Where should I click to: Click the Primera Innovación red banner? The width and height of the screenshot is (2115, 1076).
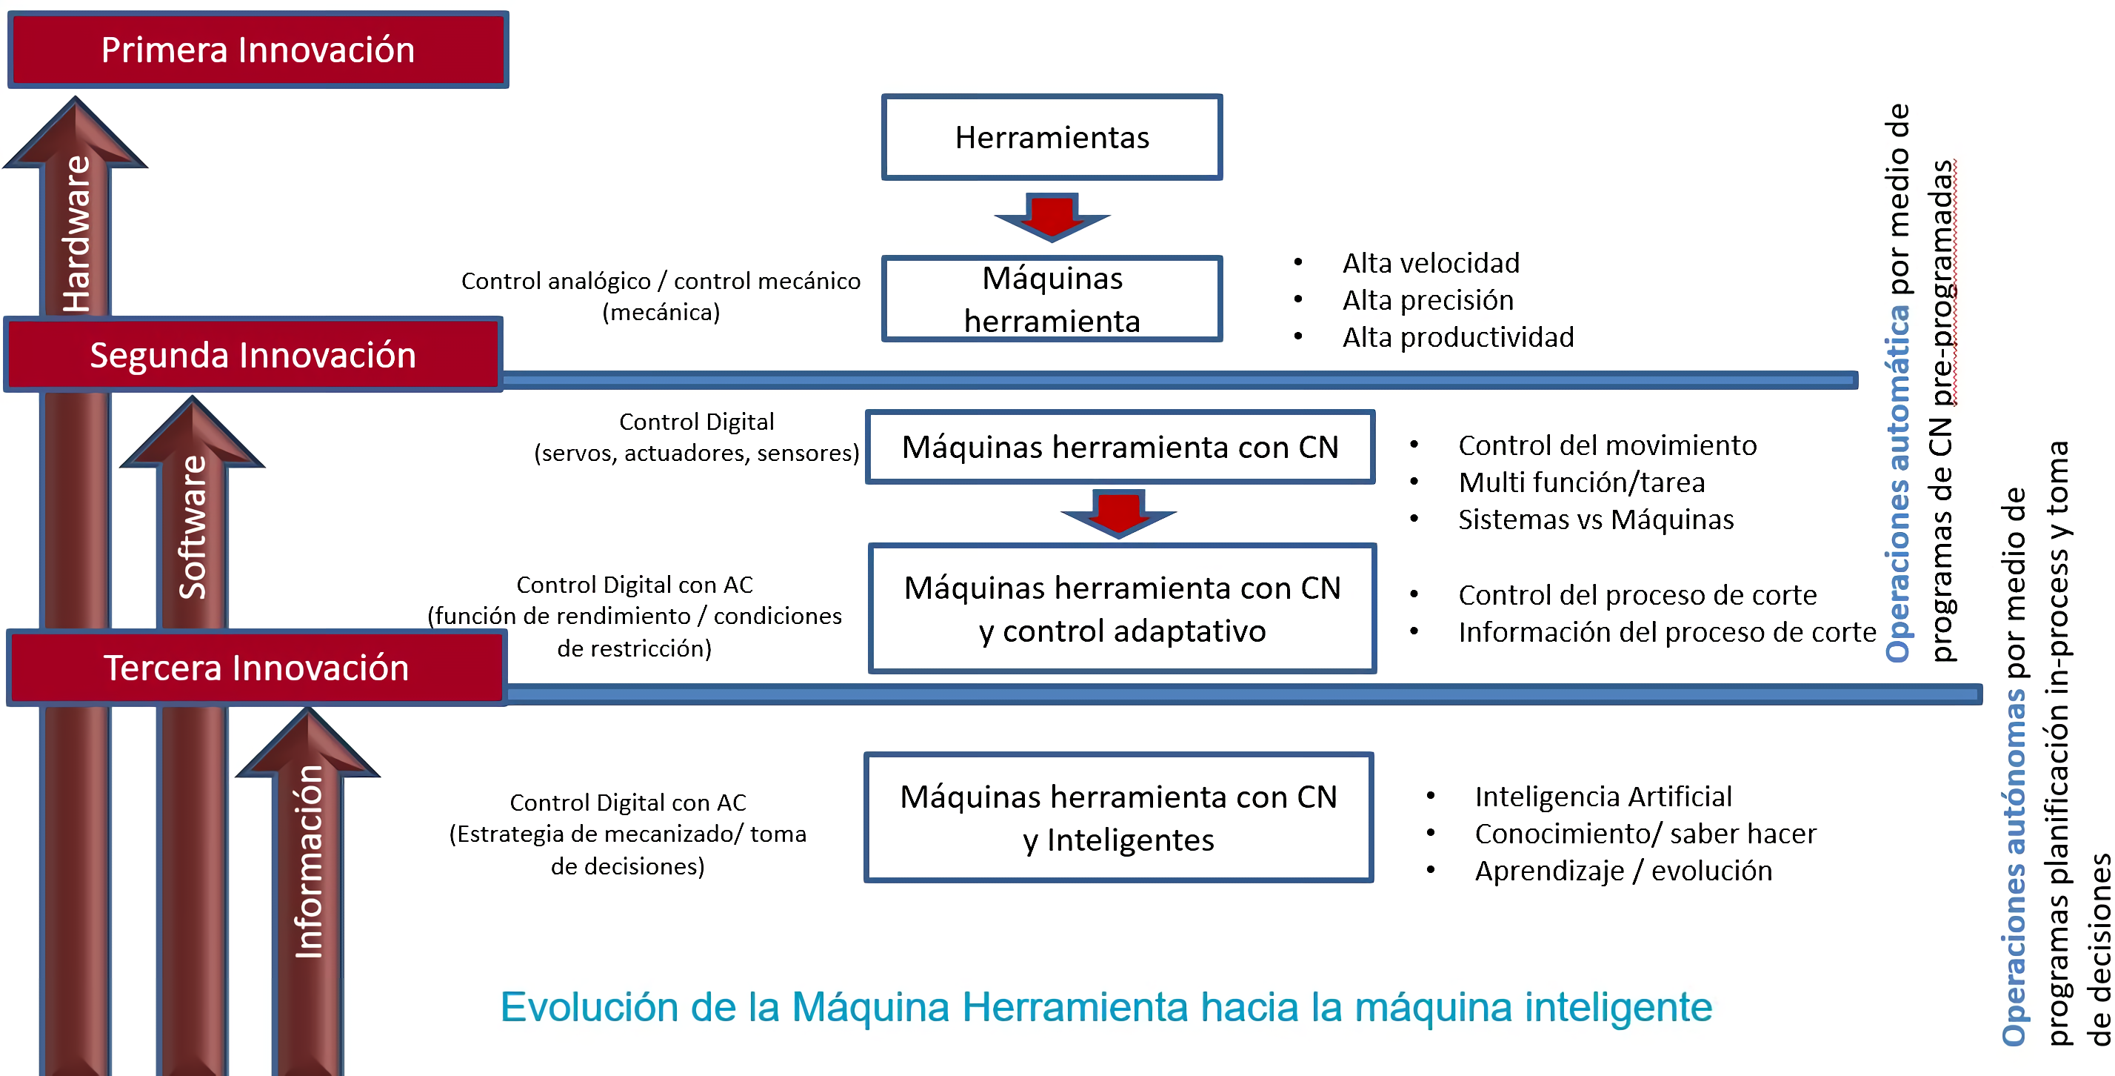(x=258, y=50)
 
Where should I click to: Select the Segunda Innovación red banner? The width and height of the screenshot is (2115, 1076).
(x=253, y=355)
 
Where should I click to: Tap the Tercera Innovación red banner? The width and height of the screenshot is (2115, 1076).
(x=256, y=668)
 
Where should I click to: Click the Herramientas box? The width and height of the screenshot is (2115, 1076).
(x=1052, y=137)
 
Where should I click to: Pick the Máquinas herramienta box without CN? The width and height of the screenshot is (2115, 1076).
(x=1052, y=299)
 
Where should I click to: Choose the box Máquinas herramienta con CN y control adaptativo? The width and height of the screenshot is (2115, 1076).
(x=1123, y=608)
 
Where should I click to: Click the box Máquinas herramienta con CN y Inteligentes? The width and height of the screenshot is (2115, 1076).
(x=1118, y=818)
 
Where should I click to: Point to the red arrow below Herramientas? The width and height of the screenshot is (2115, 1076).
(x=1052, y=217)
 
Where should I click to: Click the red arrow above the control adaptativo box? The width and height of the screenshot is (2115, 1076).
(x=1118, y=514)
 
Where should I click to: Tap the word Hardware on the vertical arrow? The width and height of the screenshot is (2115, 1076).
(x=76, y=234)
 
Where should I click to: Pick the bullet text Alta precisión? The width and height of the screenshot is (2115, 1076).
(x=1428, y=301)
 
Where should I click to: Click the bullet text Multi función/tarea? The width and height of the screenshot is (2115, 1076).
(x=1581, y=482)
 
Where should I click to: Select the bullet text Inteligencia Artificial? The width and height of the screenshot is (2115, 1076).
(x=1603, y=796)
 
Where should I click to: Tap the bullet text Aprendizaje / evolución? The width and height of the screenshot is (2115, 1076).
(x=1623, y=871)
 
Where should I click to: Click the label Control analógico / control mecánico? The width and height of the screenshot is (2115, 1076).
(x=661, y=282)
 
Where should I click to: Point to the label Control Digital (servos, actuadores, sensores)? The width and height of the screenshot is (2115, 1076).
(x=696, y=437)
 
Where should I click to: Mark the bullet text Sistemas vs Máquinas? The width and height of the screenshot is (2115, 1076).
(x=1595, y=520)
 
